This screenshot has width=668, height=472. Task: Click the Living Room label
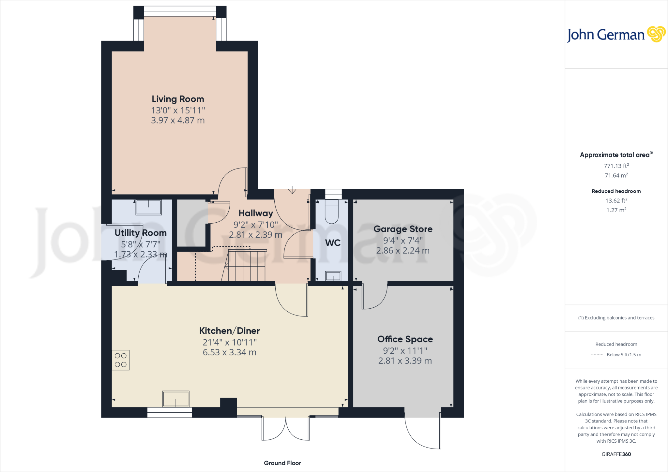[178, 99]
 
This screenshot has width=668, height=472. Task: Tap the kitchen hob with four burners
[121, 360]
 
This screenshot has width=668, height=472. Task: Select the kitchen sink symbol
[176, 399]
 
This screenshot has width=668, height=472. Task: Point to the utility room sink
[149, 207]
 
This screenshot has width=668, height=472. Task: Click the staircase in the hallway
[246, 265]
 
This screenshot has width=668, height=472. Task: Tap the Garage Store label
[403, 229]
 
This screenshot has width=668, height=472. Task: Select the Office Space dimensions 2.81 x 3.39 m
[405, 361]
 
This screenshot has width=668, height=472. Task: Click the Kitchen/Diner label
[229, 331]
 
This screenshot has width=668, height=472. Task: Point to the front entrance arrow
[292, 190]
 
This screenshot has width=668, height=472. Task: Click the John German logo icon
[656, 34]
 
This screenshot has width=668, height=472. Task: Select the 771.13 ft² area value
[616, 166]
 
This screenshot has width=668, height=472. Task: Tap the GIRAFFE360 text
[616, 454]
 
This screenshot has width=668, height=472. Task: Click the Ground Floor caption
[282, 463]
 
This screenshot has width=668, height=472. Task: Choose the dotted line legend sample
[597, 355]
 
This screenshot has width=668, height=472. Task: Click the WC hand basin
[333, 276]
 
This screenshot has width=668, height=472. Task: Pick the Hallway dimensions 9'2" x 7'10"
[255, 225]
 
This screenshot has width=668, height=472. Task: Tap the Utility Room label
[141, 233]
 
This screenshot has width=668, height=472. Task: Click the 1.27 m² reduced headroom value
[616, 210]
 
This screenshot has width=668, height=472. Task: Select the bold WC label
[333, 243]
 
